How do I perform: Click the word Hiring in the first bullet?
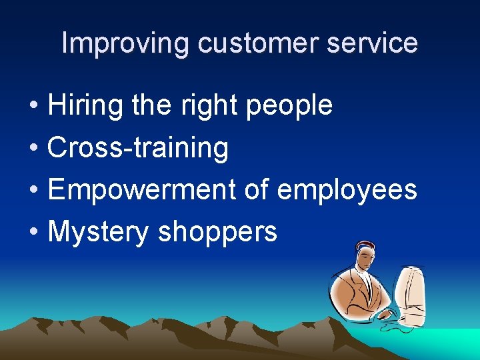coord(85,105)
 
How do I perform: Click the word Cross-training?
coord(138,147)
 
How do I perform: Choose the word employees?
coord(347,190)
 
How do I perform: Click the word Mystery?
coord(99,232)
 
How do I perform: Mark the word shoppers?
coord(217,232)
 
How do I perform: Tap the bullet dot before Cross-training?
coord(33,149)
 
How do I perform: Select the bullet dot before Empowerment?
coord(33,191)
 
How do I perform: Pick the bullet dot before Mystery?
coord(33,233)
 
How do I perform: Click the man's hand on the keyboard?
coord(385,313)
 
